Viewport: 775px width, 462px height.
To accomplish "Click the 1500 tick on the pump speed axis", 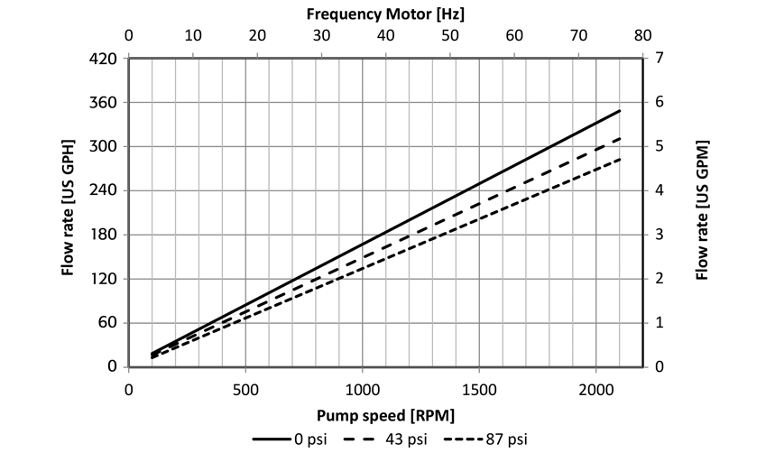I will click(x=478, y=389).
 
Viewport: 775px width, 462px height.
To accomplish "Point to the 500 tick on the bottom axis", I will click(x=245, y=389).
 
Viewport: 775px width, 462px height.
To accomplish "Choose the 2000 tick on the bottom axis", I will click(x=595, y=389).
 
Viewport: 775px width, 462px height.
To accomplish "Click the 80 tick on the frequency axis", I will click(x=642, y=37).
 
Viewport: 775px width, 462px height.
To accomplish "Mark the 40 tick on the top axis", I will click(x=385, y=37).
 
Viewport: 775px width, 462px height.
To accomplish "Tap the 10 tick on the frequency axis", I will click(x=192, y=37).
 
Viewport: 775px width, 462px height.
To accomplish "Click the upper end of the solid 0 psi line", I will click(x=620, y=111).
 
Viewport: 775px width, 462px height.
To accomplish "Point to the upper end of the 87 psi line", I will click(x=620, y=160).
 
